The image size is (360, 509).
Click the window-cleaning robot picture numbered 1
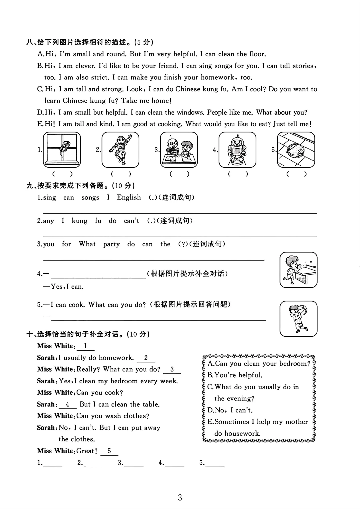pyautogui.click(x=62, y=150)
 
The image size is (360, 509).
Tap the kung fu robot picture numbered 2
pyautogui.click(x=120, y=150)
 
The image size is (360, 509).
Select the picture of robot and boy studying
pyautogui.click(x=179, y=150)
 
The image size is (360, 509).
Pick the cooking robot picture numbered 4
pyautogui.click(x=237, y=150)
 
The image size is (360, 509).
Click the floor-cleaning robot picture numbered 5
pyautogui.click(x=296, y=150)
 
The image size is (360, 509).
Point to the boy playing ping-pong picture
pyautogui.click(x=298, y=270)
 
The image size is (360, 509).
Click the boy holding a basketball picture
pyautogui.click(x=298, y=319)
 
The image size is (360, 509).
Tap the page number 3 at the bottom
pyautogui.click(x=180, y=498)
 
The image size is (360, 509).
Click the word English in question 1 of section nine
pyautogui.click(x=129, y=197)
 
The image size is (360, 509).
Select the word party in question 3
pyautogui.click(x=111, y=244)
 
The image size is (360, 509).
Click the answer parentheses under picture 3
pyautogui.click(x=179, y=174)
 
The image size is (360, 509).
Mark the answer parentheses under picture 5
pyautogui.click(x=296, y=174)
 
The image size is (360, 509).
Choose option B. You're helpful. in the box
pyautogui.click(x=235, y=375)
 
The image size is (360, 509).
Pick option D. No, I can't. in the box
pyautogui.click(x=230, y=410)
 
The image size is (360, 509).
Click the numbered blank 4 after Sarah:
pyautogui.click(x=68, y=405)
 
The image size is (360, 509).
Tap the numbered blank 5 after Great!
pyautogui.click(x=109, y=451)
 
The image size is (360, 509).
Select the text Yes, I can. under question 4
pyautogui.click(x=67, y=286)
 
